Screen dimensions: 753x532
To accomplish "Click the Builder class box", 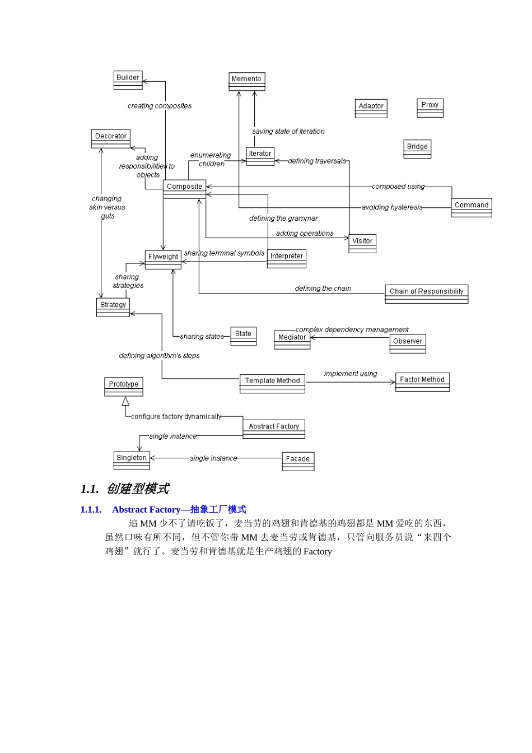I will click(128, 80).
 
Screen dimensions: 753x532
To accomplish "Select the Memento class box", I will click(246, 81).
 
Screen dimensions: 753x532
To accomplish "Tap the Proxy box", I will click(430, 108).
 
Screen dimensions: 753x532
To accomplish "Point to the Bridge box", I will click(417, 149).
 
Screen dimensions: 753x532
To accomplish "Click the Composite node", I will click(184, 189).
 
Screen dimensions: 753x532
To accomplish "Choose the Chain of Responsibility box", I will click(426, 294).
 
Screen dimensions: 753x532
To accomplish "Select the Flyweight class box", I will click(163, 259).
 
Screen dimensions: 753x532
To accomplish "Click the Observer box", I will click(408, 343).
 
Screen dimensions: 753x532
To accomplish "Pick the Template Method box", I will click(272, 383).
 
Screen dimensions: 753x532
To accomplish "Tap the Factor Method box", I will click(422, 382).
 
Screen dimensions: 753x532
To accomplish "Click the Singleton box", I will click(132, 460).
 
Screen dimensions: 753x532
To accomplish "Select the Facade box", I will click(298, 461).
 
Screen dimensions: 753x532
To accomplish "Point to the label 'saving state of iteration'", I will click(288, 131).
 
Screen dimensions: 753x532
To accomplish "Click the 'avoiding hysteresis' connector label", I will click(392, 207).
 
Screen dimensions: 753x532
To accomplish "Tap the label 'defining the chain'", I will click(323, 289).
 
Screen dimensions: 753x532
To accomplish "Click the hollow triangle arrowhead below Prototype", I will click(125, 401).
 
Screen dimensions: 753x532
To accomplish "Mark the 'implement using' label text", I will click(351, 374).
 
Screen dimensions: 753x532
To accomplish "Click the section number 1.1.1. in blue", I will click(91, 509).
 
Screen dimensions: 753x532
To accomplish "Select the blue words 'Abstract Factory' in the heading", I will click(146, 509).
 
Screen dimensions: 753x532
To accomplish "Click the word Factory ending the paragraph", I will click(318, 551).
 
